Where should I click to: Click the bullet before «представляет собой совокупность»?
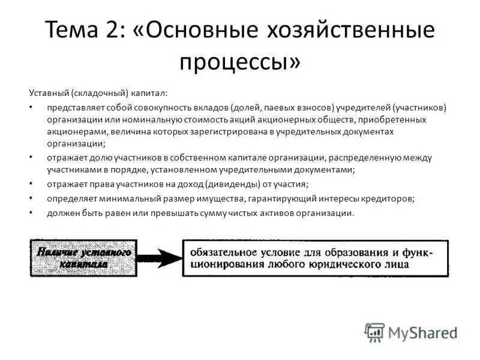coord(31,107)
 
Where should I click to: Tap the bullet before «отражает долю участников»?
coord(31,158)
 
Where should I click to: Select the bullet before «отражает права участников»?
coord(31,184)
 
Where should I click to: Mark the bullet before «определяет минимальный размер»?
coord(31,198)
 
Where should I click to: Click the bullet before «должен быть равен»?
coord(31,212)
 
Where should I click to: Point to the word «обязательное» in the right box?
coord(220,250)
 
